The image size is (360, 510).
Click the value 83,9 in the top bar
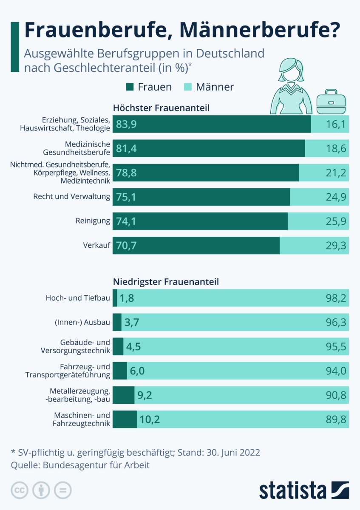coord(126,124)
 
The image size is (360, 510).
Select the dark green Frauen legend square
coord(130,87)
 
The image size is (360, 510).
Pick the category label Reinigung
coord(93,221)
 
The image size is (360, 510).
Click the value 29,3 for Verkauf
coord(336,245)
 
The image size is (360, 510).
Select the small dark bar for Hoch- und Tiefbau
coord(115,298)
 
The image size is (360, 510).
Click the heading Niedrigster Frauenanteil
coord(166,282)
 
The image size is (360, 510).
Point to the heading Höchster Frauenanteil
coord(161,108)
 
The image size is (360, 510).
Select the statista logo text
coord(293,490)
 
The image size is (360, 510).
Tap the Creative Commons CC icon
coord(20,490)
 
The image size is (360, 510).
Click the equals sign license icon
coord(63,490)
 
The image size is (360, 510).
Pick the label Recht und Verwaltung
coord(71,197)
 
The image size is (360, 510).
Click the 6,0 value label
coord(137,371)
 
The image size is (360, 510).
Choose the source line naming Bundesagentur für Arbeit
coord(80,465)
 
